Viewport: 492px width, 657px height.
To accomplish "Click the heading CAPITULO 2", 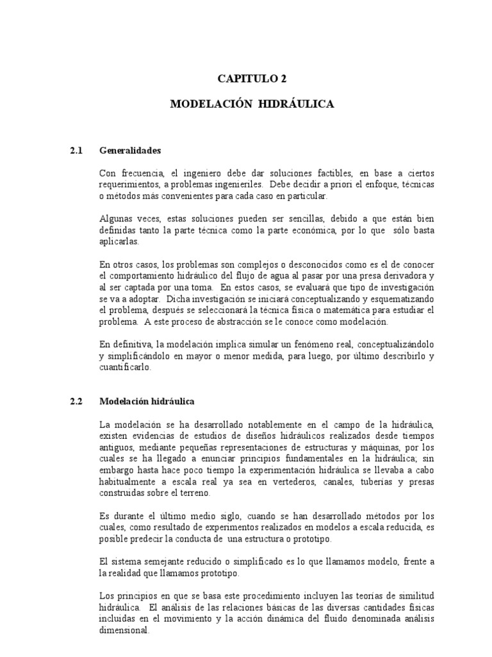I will point(252,79).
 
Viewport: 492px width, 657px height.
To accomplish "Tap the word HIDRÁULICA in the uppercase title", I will point(296,103).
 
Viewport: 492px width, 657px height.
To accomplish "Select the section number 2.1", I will point(77,151).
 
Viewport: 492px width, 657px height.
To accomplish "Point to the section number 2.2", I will point(77,402).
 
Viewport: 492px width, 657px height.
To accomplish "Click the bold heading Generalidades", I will point(130,151).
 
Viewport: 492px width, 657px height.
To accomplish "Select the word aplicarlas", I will point(119,242).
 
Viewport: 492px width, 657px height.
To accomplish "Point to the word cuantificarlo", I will point(126,368).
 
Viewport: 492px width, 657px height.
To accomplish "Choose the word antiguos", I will point(119,447).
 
